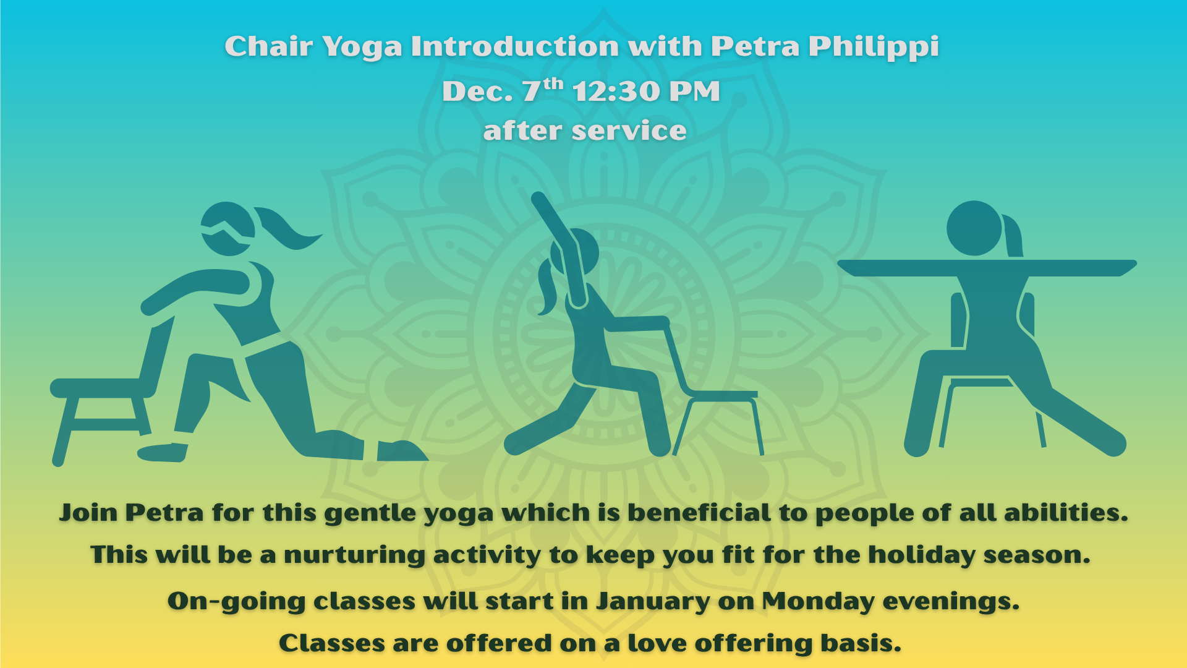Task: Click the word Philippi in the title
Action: coord(874,47)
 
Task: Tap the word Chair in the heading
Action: coord(268,46)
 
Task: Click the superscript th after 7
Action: coord(553,83)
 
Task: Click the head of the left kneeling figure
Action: coord(228,228)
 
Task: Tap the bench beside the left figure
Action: coord(102,414)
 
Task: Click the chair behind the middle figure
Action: coord(711,390)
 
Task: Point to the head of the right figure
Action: coord(974,228)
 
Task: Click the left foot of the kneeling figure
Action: coord(162,453)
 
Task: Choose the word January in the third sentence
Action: coord(653,602)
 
